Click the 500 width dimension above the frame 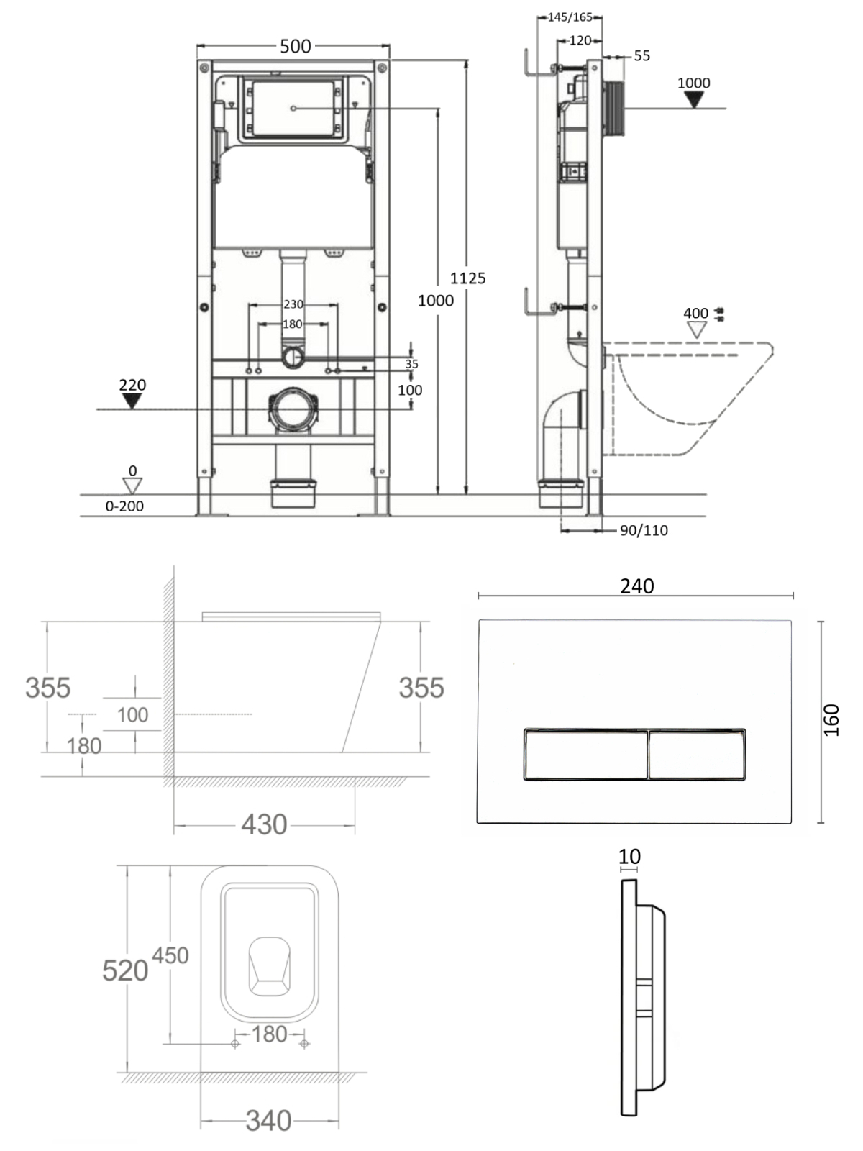pos(295,46)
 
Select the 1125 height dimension pos(468,278)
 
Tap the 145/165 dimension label pos(570,17)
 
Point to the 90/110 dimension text pos(644,530)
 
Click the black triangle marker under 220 pos(132,401)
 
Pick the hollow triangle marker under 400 pos(696,329)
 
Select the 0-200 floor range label pos(124,506)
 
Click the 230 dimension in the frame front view pos(293,304)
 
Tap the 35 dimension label pos(412,363)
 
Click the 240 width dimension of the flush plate pos(637,586)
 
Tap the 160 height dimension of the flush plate pos(831,721)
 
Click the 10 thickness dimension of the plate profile pos(629,857)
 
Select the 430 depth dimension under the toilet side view pos(264,825)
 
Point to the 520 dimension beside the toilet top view pos(125,970)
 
